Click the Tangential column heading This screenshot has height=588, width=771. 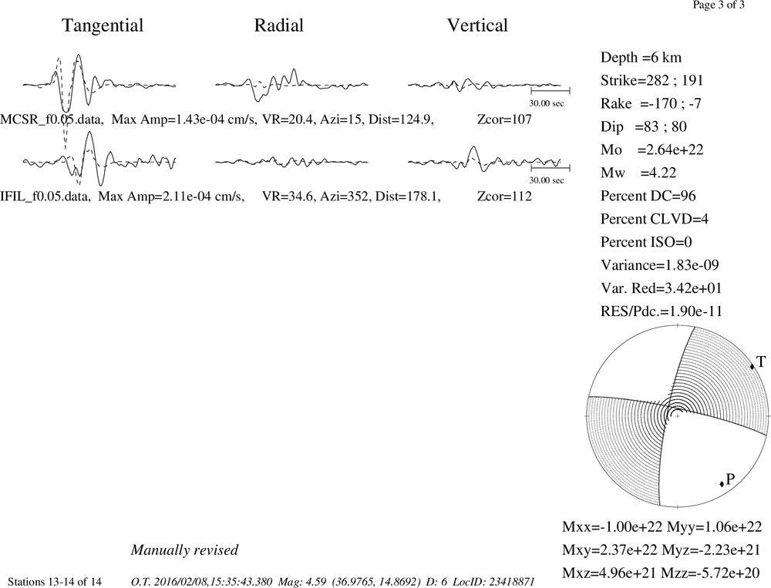(x=103, y=25)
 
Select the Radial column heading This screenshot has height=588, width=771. (x=279, y=25)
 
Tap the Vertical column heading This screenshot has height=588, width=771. (x=477, y=25)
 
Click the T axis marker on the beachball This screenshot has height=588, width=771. (x=752, y=366)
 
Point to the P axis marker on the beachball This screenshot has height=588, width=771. (x=722, y=484)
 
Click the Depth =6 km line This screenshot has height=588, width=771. (x=641, y=58)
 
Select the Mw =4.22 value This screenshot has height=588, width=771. (x=638, y=173)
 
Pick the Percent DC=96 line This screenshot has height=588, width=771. (x=648, y=197)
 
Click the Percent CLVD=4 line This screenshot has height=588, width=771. (x=655, y=220)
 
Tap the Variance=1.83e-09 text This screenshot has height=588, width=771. (x=659, y=265)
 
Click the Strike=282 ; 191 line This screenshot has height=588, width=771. (x=652, y=81)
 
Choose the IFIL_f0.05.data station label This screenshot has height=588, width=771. (x=45, y=197)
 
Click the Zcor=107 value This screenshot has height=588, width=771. (x=504, y=119)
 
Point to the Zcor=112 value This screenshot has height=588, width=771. (x=504, y=197)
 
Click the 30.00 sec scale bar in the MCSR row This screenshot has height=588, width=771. (x=550, y=91)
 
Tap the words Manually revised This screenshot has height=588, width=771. (x=184, y=550)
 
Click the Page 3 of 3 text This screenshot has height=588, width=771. (x=719, y=5)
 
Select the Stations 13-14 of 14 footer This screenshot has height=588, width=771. (x=55, y=582)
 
